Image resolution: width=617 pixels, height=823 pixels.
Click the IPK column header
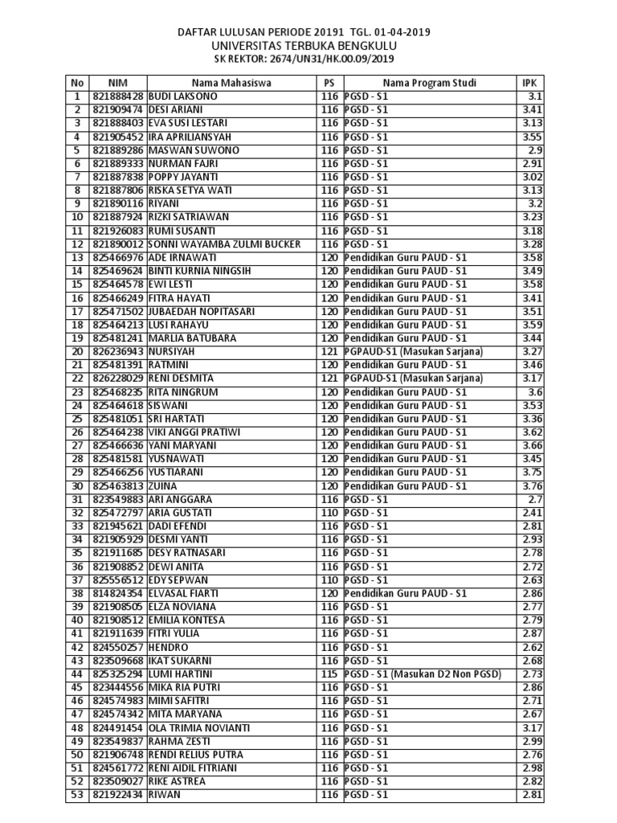(528, 82)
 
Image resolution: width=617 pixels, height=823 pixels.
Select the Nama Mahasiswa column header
(231, 82)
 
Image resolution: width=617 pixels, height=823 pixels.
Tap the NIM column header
(117, 82)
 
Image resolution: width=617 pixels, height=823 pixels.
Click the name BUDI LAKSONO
(183, 96)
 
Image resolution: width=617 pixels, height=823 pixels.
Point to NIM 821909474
(118, 109)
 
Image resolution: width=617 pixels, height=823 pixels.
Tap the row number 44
(77, 674)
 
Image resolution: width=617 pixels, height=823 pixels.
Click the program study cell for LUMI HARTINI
(423, 674)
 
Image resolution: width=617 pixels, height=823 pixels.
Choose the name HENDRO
(169, 647)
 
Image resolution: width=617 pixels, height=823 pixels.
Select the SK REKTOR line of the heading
(304, 59)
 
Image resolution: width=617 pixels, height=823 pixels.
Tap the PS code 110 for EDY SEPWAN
(329, 579)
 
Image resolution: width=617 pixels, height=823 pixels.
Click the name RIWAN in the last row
(165, 795)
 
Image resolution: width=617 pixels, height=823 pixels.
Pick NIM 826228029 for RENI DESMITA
(118, 378)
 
